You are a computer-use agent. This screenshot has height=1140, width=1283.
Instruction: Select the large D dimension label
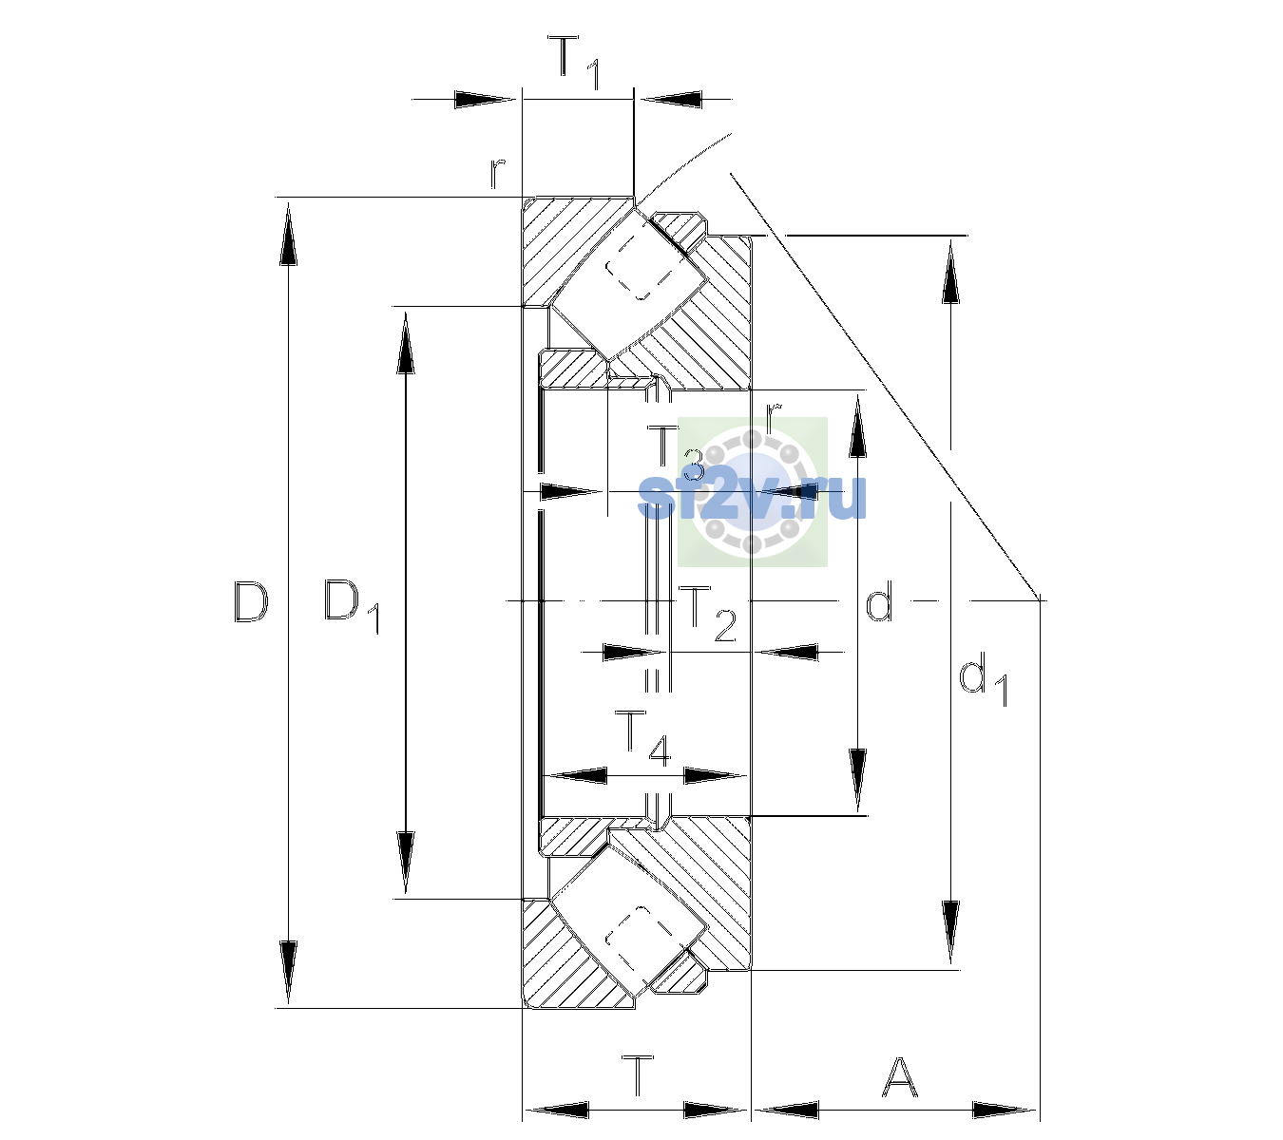pos(252,602)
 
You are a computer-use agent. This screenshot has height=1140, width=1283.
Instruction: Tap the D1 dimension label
pos(352,607)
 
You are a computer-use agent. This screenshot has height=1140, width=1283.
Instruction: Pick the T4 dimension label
pos(642,739)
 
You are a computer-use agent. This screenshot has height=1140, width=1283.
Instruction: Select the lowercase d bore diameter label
pos(879,600)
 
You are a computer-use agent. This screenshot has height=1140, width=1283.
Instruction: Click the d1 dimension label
pos(983,682)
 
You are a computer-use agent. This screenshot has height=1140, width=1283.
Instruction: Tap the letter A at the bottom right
pos(899,1076)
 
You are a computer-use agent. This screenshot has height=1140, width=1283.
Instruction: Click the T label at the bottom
pos(639,1076)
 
